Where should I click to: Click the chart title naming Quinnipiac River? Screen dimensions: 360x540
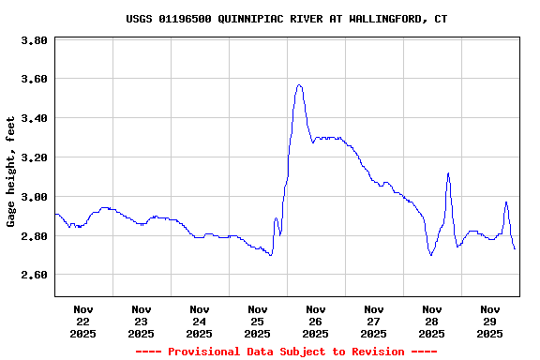click(286, 19)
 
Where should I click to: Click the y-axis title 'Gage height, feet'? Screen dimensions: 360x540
click(11, 172)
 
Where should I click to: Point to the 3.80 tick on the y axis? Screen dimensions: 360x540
click(34, 41)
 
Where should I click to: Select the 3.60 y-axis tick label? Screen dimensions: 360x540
click(34, 80)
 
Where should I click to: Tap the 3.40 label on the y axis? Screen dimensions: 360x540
click(34, 119)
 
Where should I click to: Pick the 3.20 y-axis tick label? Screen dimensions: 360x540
click(34, 158)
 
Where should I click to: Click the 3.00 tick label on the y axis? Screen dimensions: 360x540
click(34, 198)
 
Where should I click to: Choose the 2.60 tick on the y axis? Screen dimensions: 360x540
click(34, 276)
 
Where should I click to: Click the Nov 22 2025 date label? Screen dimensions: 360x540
click(83, 321)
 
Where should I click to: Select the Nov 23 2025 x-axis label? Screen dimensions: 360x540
click(142, 321)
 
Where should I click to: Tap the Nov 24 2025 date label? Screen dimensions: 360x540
click(200, 321)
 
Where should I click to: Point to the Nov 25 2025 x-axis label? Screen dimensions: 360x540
click(258, 321)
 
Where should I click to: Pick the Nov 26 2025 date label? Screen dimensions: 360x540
click(316, 321)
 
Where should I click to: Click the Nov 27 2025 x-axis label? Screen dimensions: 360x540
click(374, 321)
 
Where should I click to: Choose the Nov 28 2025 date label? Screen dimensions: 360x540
click(432, 321)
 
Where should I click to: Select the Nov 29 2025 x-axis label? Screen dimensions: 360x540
click(490, 321)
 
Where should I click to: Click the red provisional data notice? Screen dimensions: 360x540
click(286, 352)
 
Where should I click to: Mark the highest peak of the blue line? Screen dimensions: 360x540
click(299, 85)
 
